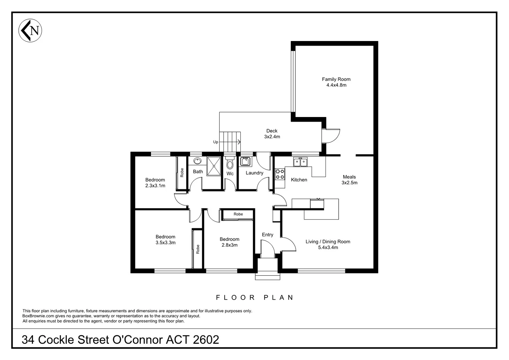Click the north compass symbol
[x=30, y=30]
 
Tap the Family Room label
[x=336, y=79]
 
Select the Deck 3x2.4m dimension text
[x=272, y=137]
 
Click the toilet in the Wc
[x=229, y=164]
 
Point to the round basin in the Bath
[x=197, y=161]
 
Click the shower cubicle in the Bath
[x=214, y=166]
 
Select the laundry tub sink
[x=246, y=161]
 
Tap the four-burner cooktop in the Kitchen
[x=280, y=174]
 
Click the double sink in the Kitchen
[x=300, y=162]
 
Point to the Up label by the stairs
[x=216, y=142]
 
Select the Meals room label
[x=349, y=177]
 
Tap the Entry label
[x=267, y=235]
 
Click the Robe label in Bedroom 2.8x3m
[x=238, y=214]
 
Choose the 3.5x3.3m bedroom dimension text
[x=165, y=243]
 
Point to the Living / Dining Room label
[x=328, y=242]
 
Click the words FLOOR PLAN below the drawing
[x=255, y=297]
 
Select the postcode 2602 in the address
[x=206, y=340]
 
